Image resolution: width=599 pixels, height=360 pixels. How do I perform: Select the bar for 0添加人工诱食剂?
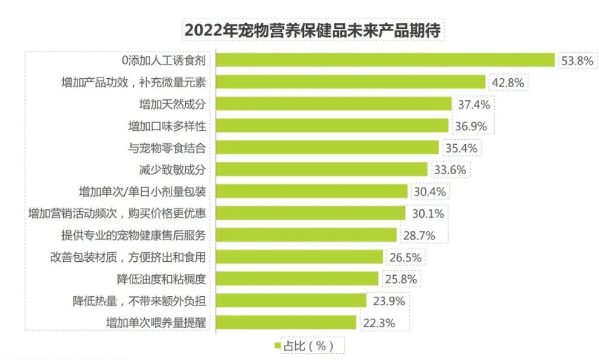(385, 60)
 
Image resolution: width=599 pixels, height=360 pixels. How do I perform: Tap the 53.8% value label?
(577, 60)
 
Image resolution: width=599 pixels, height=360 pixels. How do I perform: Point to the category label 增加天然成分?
(172, 104)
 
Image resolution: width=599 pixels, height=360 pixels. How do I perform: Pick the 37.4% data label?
(474, 104)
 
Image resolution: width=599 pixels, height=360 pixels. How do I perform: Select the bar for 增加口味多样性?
(332, 126)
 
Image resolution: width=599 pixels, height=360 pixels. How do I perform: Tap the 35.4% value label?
(461, 148)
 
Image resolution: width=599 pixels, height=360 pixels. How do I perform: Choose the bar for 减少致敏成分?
(321, 169)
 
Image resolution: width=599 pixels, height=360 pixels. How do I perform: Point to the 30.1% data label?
(428, 214)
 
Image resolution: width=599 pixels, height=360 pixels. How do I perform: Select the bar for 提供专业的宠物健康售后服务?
(306, 235)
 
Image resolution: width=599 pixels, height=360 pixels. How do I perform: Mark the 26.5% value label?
(405, 257)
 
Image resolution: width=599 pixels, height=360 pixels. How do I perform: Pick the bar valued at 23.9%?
(291, 301)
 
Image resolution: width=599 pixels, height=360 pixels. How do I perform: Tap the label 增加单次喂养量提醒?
(156, 322)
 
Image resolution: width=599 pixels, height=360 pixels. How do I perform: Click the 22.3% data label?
(378, 323)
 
